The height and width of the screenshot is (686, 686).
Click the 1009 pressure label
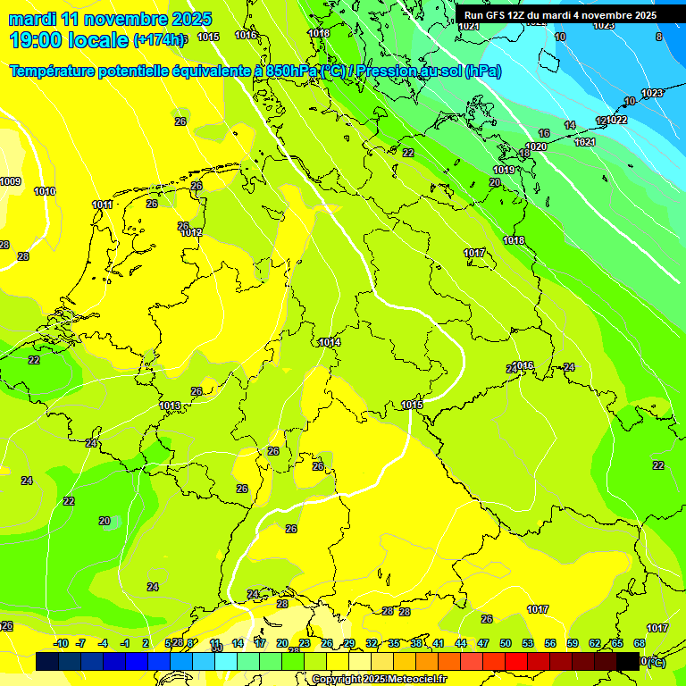coord(10,182)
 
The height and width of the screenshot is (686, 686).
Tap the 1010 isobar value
coord(45,191)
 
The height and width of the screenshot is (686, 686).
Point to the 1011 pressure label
coord(103,205)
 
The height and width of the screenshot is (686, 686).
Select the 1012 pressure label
coord(191,233)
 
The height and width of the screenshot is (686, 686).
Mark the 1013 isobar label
coord(170,406)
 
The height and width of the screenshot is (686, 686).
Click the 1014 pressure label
coord(330,342)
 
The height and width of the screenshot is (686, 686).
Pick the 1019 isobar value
coord(504,170)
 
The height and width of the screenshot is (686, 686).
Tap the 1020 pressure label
coord(536,146)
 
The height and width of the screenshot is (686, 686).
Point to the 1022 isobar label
coord(616,120)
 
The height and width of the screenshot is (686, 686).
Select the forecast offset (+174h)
coord(160,41)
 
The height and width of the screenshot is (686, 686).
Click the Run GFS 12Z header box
coord(560,15)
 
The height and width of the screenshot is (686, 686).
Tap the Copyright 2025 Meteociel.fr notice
coord(379,680)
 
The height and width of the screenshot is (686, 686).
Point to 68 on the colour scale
coord(640,643)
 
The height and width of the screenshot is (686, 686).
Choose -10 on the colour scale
coord(61,643)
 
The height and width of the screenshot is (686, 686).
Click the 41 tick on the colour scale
coord(439,643)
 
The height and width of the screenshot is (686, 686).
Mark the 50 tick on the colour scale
coord(506,643)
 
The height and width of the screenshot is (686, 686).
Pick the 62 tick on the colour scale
coord(595,643)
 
